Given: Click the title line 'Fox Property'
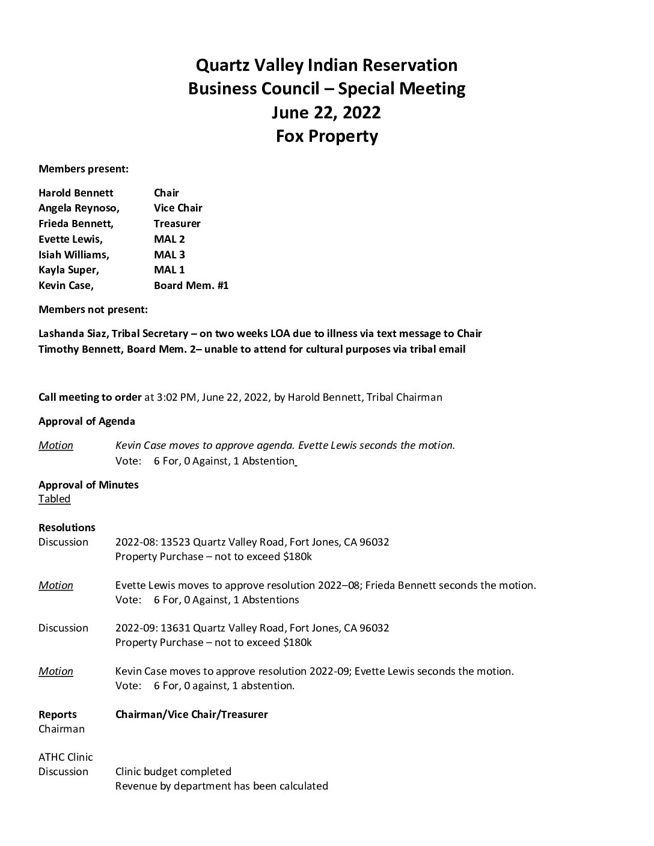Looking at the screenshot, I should [326, 136].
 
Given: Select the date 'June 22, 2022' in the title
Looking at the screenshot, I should [326, 112].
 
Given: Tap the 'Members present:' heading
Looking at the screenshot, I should [84, 169].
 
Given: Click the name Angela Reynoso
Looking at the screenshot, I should [78, 208].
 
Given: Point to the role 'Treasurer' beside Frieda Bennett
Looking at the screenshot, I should [177, 224].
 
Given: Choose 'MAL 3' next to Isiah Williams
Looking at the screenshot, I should [169, 255].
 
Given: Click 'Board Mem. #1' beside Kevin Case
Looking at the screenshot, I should [191, 285].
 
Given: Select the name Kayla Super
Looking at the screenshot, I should [69, 270].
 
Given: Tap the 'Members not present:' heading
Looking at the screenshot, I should [93, 310].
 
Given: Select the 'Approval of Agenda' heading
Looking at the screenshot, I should [87, 421].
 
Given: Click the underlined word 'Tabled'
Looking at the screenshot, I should [54, 499].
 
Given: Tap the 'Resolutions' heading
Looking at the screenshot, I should [67, 528].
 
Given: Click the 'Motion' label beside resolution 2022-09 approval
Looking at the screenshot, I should [56, 671].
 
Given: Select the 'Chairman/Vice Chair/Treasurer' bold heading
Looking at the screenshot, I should [191, 714].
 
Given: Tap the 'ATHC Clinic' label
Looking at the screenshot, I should [66, 757].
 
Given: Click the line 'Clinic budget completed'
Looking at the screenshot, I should [173, 771].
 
